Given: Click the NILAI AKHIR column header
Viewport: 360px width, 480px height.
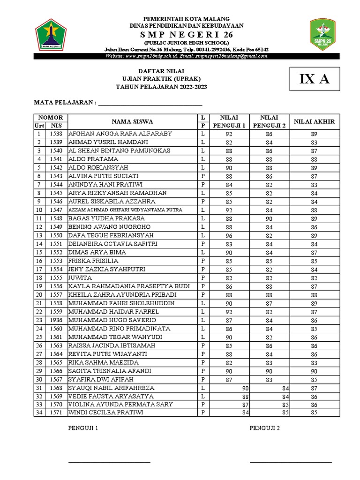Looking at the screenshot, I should (314, 121).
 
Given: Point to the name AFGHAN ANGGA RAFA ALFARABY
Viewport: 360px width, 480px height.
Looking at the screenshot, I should (120, 134).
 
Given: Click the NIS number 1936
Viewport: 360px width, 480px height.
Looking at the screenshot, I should (56, 320).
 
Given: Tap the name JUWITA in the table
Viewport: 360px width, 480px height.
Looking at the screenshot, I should (80, 277).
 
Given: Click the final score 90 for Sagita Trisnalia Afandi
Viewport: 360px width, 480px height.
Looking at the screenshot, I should (314, 371).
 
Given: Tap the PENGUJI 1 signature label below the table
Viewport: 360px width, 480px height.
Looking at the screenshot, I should (83, 428).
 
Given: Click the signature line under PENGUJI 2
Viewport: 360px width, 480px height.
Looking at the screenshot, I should (291, 462).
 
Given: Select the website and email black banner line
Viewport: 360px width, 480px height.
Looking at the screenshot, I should (186, 56).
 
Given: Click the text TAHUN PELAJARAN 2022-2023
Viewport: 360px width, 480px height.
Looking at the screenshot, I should (161, 87).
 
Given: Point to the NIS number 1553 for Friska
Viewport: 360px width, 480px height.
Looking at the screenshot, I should (56, 261).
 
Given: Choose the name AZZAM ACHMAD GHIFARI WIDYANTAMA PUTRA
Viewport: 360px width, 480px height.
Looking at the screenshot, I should (125, 210).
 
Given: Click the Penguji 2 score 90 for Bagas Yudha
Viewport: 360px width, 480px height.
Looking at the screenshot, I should (269, 218).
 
